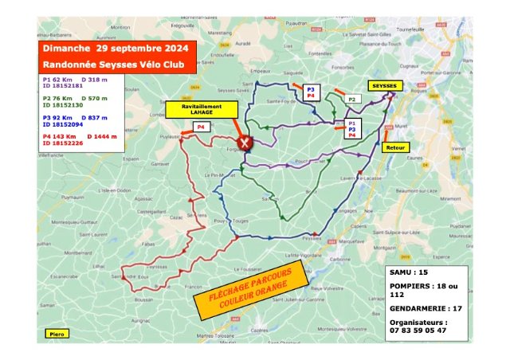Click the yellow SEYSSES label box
[x=386, y=85]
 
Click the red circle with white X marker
[x=246, y=143]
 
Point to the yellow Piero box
[x=56, y=334]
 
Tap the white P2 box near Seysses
[x=351, y=99]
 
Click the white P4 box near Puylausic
[x=202, y=127]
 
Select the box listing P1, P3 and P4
[x=351, y=129]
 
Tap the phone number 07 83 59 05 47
[x=419, y=330]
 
